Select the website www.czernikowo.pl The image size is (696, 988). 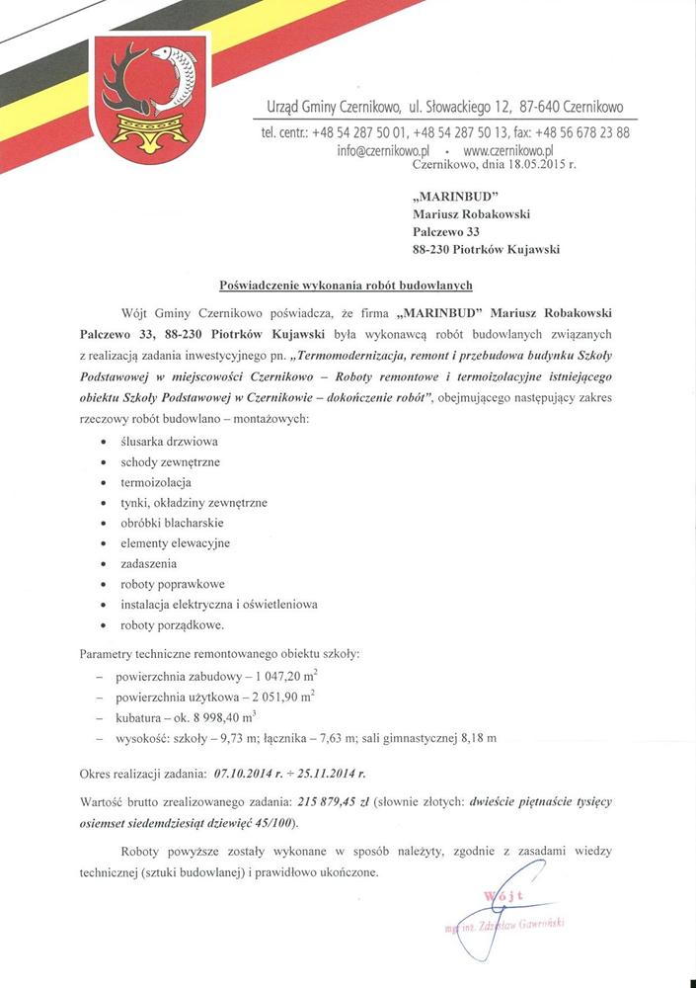tap(507, 151)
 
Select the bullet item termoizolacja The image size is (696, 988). tap(155, 482)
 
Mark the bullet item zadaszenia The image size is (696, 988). tap(150, 564)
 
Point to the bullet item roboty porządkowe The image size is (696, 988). tap(173, 625)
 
